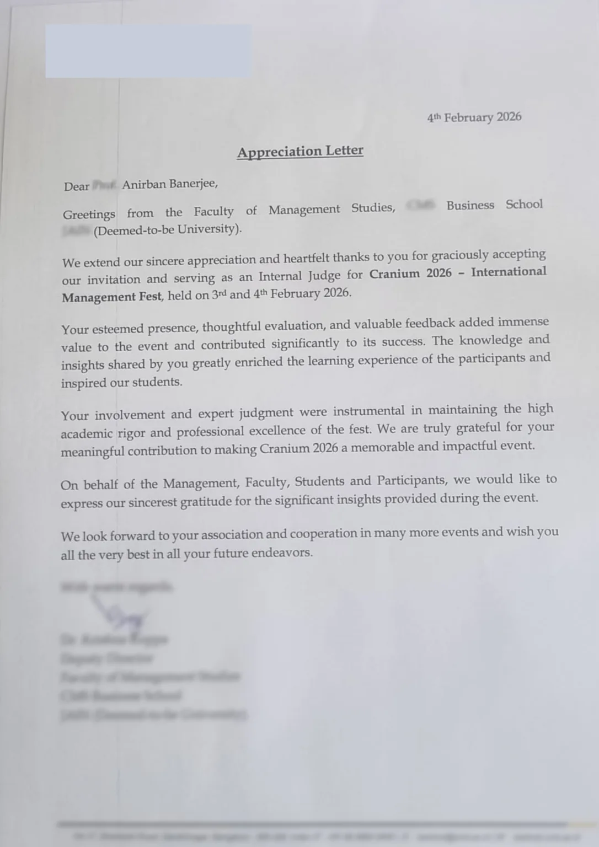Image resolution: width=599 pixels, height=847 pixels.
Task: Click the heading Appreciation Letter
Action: tap(300, 151)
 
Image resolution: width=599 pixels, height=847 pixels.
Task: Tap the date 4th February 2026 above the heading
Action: tap(474, 117)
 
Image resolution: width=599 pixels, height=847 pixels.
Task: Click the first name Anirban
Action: tap(144, 184)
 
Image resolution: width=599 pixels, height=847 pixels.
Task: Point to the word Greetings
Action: tap(89, 214)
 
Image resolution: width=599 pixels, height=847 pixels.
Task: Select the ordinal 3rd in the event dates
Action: tap(219, 294)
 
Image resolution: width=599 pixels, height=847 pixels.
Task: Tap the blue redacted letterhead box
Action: tap(148, 51)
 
